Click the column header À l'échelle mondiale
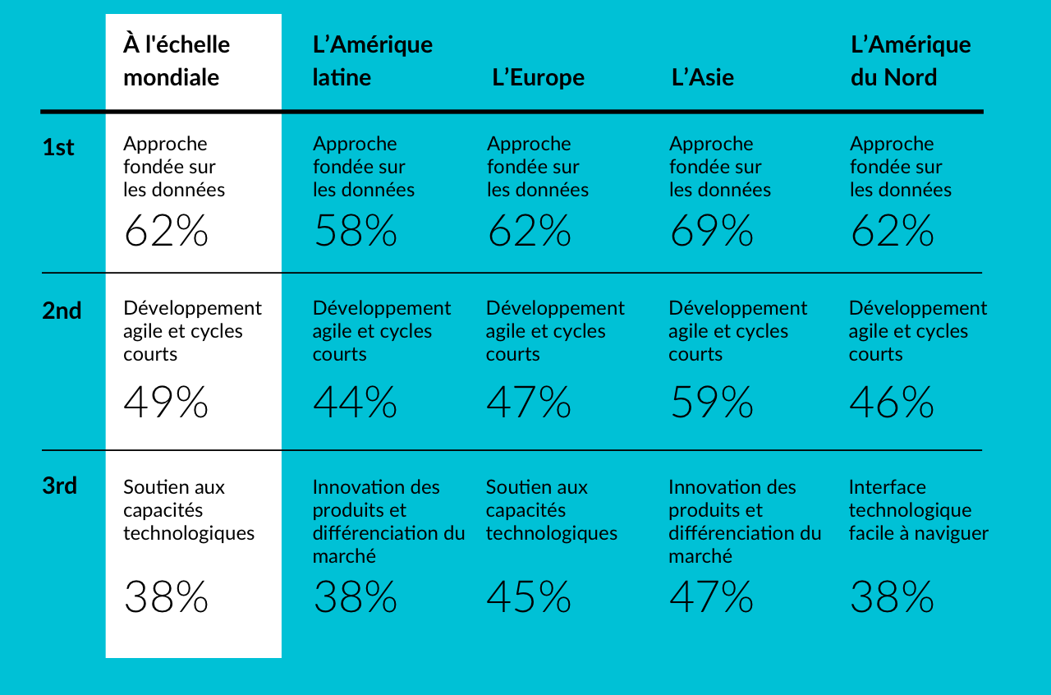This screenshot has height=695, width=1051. (177, 61)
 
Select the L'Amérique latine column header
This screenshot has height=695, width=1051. (372, 61)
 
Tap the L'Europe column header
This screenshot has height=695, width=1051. (539, 77)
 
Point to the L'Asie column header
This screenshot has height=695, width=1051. (703, 77)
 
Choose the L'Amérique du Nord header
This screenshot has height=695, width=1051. (910, 61)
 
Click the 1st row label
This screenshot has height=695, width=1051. (58, 148)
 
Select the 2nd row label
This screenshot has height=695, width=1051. (62, 311)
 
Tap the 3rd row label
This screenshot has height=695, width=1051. (59, 486)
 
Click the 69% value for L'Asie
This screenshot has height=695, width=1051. (711, 232)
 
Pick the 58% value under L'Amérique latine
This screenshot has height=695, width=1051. (355, 232)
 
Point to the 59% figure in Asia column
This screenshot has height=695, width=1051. (711, 403)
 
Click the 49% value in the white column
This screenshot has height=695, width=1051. (166, 403)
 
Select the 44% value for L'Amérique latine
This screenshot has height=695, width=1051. (355, 403)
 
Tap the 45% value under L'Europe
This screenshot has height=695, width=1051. (528, 597)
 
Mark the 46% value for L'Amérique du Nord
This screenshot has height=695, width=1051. (891, 403)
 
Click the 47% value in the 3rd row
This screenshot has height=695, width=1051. (711, 597)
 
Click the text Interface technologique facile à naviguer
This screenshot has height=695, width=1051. (918, 510)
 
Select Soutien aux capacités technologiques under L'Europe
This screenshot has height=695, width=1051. (551, 510)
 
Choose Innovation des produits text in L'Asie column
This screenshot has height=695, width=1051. (744, 521)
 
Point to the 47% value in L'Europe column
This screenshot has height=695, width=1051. (528, 403)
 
